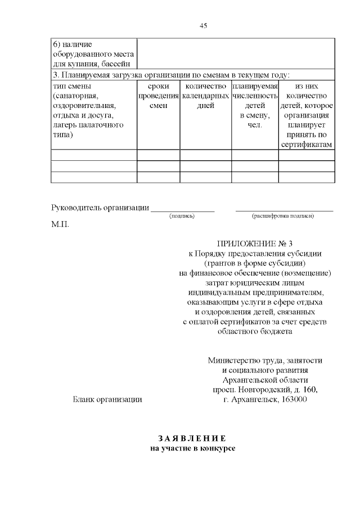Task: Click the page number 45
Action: pyautogui.click(x=204, y=25)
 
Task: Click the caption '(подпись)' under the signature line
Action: pyautogui.click(x=182, y=215)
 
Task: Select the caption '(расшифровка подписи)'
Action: pyautogui.click(x=283, y=215)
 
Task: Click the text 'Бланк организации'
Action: pyautogui.click(x=107, y=399)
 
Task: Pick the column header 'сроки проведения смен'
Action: pyautogui.click(x=158, y=96)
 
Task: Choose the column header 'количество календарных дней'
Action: pyautogui.click(x=205, y=96)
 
